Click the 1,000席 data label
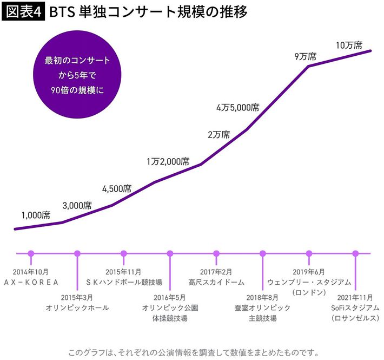[x=36, y=215]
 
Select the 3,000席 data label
[x=77, y=205]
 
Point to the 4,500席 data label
[x=117, y=188]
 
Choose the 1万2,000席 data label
[x=168, y=161]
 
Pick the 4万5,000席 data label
[x=237, y=107]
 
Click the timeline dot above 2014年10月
[x=31, y=253]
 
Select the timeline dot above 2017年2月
[x=216, y=253]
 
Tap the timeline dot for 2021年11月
[x=355, y=253]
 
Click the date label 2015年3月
[x=77, y=297]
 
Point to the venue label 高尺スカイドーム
[x=216, y=282]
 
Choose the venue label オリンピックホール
[x=77, y=307]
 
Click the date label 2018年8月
[x=262, y=297]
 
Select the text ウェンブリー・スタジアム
[x=309, y=282]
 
